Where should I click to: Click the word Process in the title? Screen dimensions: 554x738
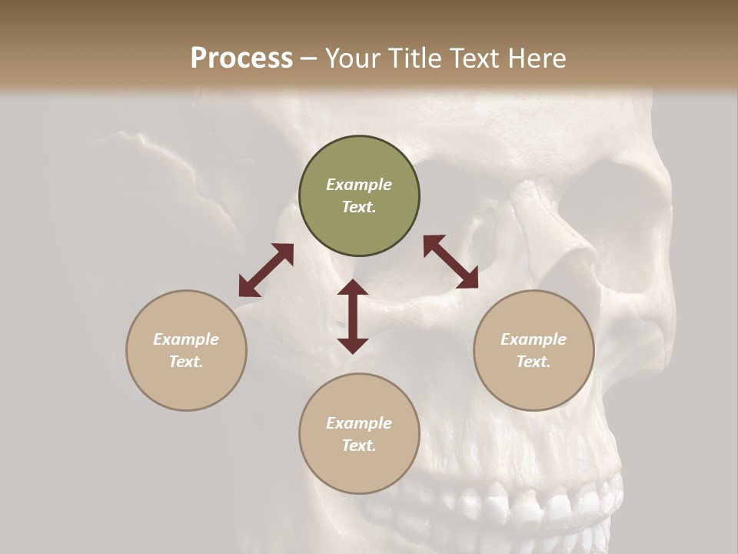pyautogui.click(x=241, y=58)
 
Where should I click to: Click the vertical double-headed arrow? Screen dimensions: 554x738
pyautogui.click(x=353, y=316)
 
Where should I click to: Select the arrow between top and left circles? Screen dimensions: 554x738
pyautogui.click(x=266, y=270)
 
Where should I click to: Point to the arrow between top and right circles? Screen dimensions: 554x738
pyautogui.click(x=450, y=262)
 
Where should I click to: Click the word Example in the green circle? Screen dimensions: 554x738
pyautogui.click(x=359, y=185)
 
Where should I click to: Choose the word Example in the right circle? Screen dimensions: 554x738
pyautogui.click(x=534, y=339)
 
